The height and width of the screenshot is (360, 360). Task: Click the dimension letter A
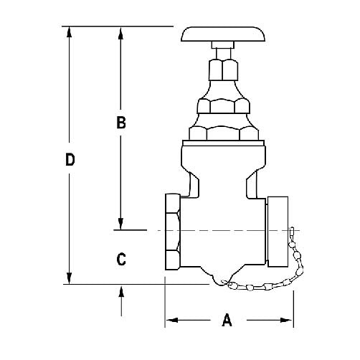pos(227,321)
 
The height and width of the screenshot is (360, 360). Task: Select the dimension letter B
pos(121,123)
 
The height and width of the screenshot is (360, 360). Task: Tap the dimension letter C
pos(121,258)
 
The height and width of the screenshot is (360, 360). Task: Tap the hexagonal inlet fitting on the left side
pos(173,231)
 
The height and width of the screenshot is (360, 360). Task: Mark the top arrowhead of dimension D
pos(70,33)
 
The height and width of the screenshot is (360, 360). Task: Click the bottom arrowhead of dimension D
pos(70,278)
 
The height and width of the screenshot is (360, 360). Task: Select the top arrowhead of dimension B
pos(121,33)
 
